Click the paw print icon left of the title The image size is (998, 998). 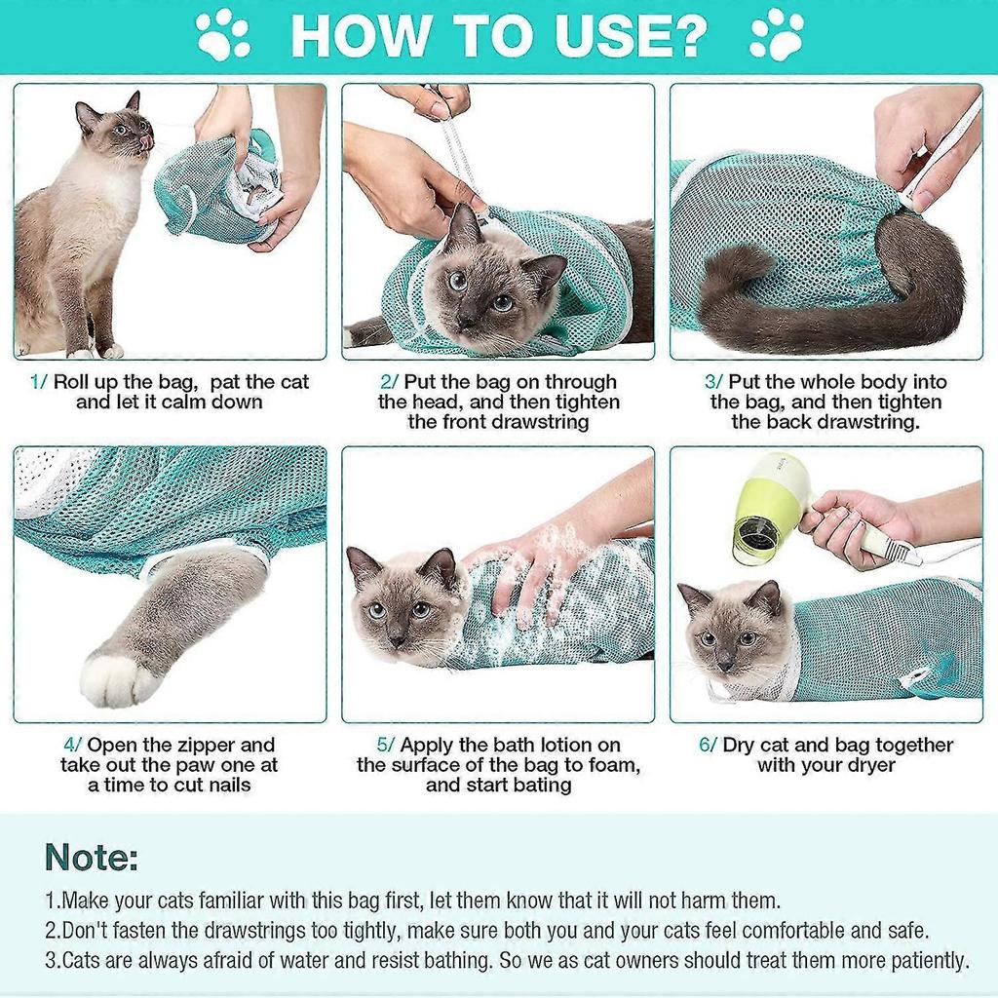pos(223,35)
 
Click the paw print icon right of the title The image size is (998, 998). pos(777,35)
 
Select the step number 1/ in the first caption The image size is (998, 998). pos(38,382)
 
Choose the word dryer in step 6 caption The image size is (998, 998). pos(868,766)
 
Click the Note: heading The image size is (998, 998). pos(92,858)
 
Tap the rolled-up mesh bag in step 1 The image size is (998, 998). pos(219,190)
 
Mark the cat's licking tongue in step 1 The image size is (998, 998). pos(146,143)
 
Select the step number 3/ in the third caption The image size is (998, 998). pos(712,382)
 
